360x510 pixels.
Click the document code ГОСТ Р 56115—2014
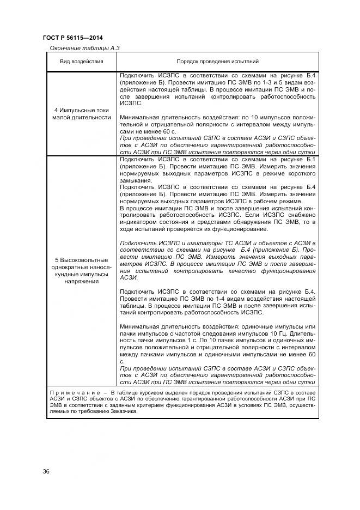click(x=72, y=38)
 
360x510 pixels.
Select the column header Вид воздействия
click(x=82, y=62)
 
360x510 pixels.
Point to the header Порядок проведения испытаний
click(x=218, y=62)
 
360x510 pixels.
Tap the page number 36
click(x=46, y=471)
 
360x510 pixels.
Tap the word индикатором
click(x=137, y=222)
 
